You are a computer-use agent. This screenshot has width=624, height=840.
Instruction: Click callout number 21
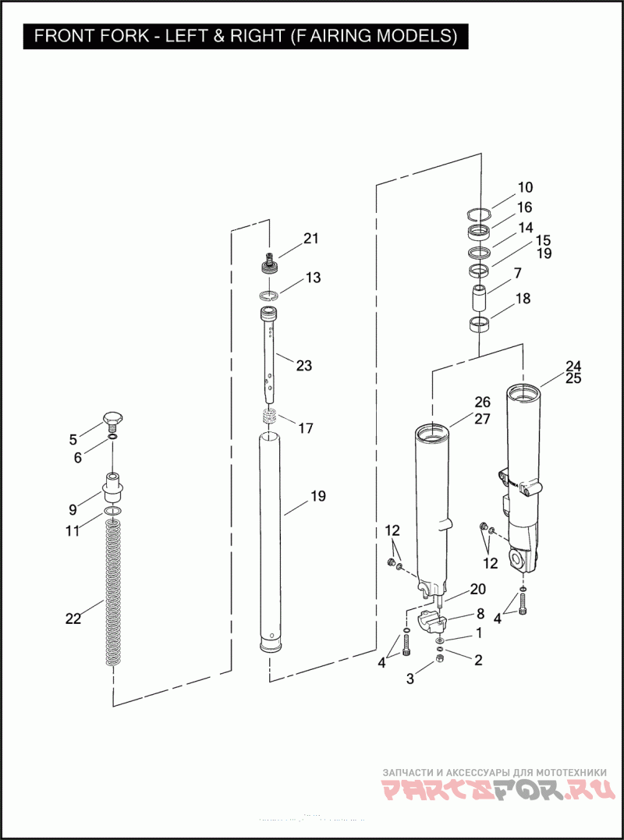tap(311, 239)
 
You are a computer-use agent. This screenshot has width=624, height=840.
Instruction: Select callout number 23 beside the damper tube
tap(304, 365)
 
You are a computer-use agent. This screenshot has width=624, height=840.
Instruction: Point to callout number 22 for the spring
tap(73, 618)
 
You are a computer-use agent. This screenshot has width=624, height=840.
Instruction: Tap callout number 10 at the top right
tap(525, 187)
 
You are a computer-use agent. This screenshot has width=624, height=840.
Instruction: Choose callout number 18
tap(523, 299)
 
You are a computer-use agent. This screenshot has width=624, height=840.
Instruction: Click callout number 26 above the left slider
tap(482, 402)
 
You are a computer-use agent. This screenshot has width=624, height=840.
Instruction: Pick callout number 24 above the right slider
tap(573, 366)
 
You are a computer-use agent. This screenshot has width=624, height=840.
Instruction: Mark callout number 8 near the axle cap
tap(480, 613)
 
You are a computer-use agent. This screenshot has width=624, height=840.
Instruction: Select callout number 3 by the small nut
tap(409, 679)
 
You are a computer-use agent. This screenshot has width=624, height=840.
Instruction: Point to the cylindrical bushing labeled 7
tap(477, 298)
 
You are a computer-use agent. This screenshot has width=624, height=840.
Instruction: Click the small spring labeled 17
tap(269, 416)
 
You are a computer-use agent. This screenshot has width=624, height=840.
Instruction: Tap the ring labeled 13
tap(269, 295)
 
